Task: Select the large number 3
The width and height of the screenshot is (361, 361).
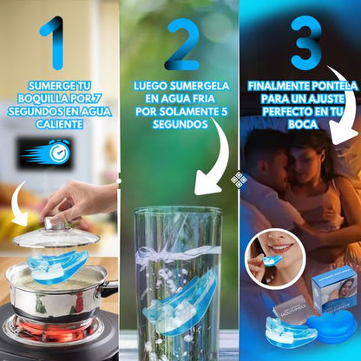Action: tap(305, 42)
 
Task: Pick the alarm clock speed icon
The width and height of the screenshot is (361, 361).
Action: tap(45, 154)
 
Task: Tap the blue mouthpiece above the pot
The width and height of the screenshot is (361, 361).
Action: tap(55, 265)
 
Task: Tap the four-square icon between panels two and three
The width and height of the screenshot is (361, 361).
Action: tap(239, 179)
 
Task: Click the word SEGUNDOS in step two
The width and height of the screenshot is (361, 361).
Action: tap(182, 125)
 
